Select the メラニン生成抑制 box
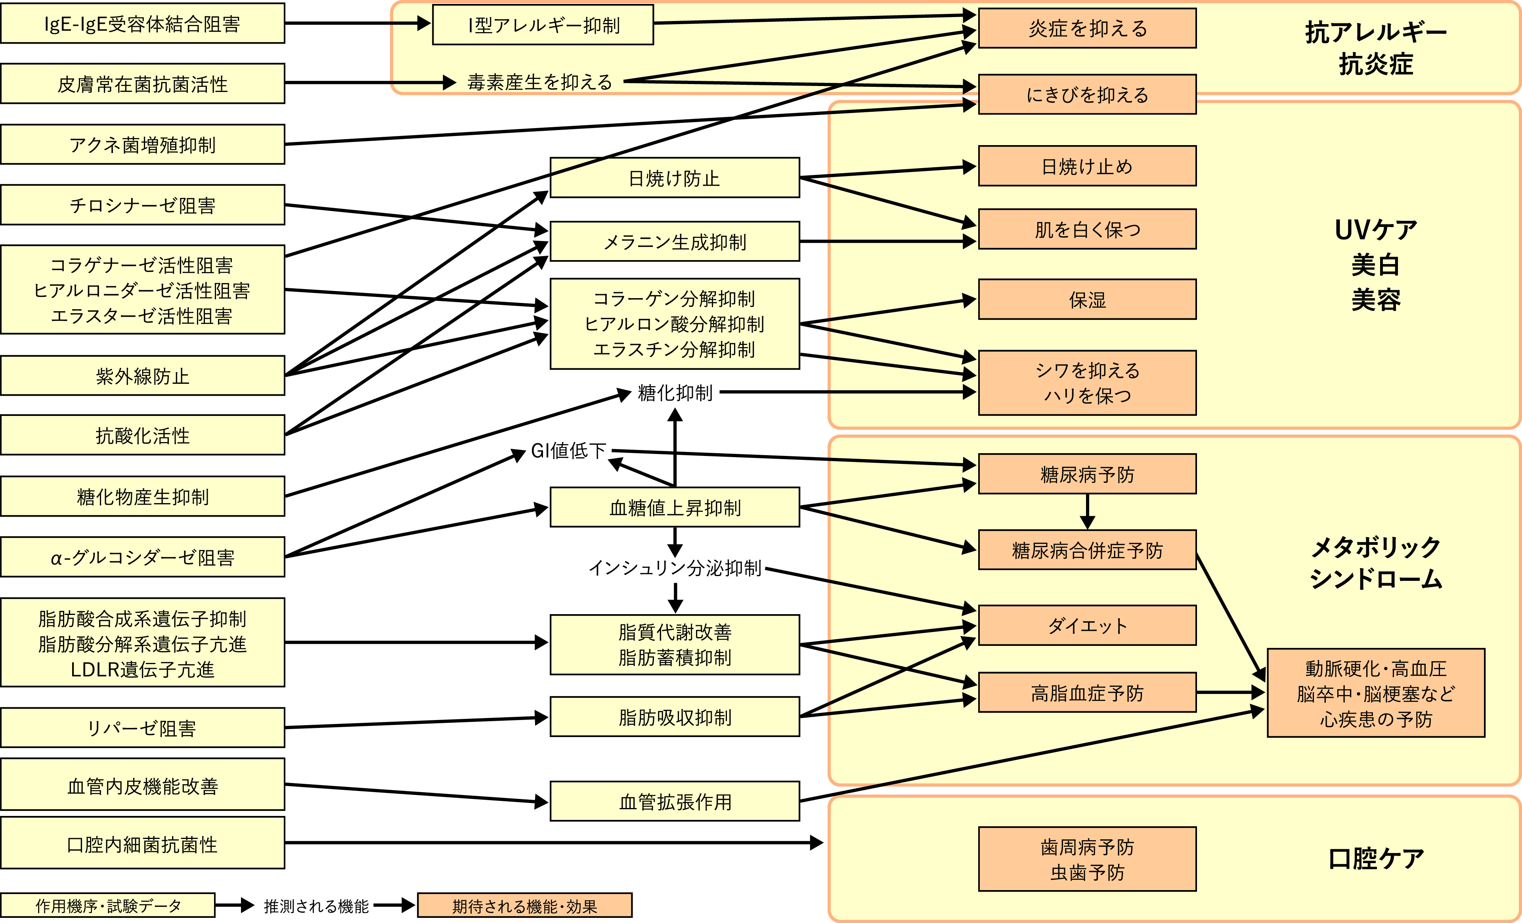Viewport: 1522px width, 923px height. [x=675, y=241]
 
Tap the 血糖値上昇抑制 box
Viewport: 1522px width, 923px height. [x=675, y=507]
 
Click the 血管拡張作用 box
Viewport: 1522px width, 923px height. [x=675, y=801]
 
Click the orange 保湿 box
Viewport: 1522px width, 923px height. [x=1087, y=300]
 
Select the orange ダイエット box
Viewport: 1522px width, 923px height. [x=1087, y=625]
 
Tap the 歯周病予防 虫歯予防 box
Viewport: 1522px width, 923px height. [x=1087, y=859]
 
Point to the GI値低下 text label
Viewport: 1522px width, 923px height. [x=568, y=450]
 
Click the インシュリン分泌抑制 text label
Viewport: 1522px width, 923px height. [x=675, y=567]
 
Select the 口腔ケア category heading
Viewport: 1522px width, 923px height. [x=1376, y=858]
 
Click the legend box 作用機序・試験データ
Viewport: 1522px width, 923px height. [x=108, y=906]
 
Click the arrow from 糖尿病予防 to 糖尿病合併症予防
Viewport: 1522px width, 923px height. [x=1088, y=511]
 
